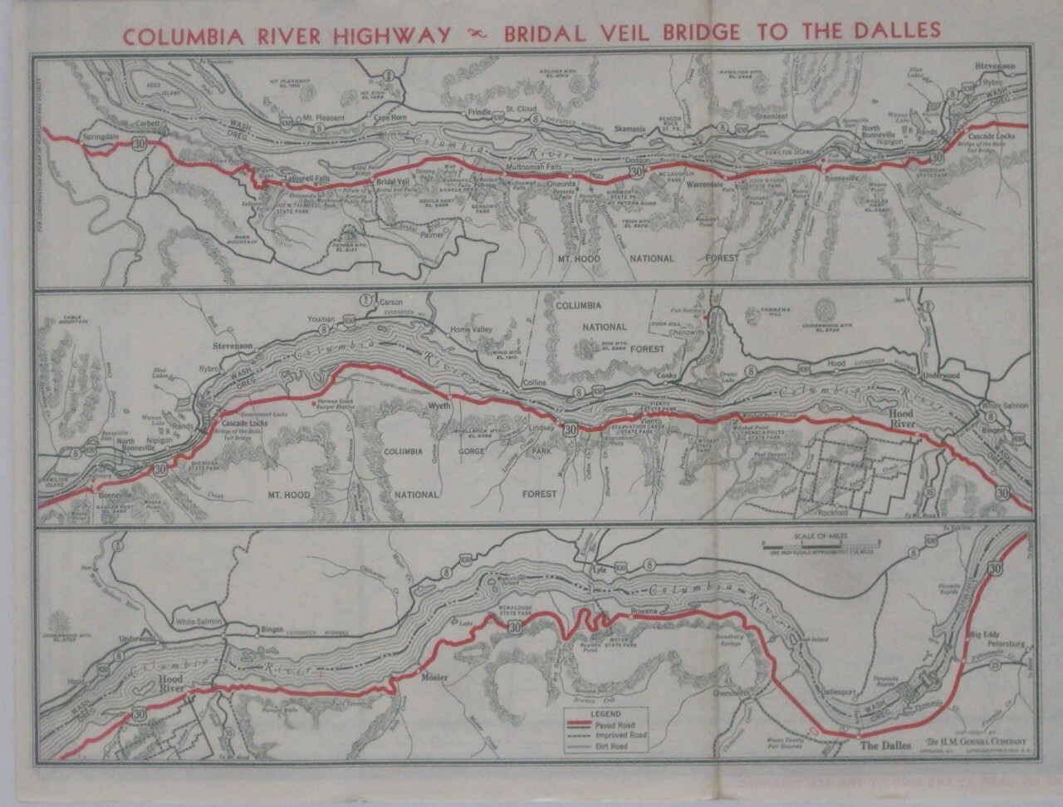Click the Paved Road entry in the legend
point(610,725)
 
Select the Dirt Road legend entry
point(609,746)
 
